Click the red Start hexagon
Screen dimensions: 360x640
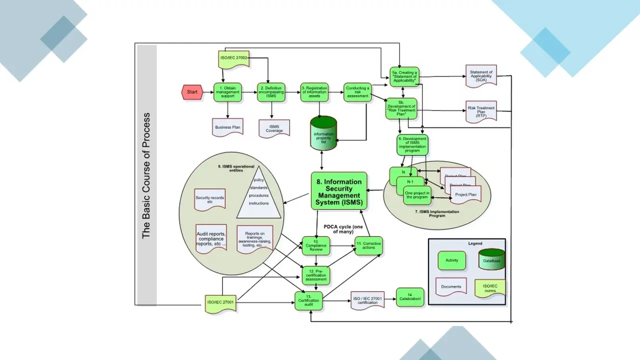click(192, 92)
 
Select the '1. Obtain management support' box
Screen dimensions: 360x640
click(227, 92)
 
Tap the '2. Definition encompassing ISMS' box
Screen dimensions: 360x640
click(271, 92)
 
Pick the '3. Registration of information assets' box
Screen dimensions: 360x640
click(314, 92)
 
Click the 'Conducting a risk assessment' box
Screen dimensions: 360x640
click(357, 92)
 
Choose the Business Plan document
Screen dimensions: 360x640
click(228, 127)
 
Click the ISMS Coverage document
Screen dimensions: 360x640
click(274, 128)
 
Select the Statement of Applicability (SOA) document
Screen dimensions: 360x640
click(481, 75)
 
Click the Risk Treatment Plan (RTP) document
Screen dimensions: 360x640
click(481, 111)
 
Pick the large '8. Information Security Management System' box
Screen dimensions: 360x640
click(339, 190)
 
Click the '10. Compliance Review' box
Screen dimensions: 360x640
click(316, 246)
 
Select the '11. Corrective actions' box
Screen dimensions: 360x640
click(368, 245)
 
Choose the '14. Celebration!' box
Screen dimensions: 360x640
click(410, 298)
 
